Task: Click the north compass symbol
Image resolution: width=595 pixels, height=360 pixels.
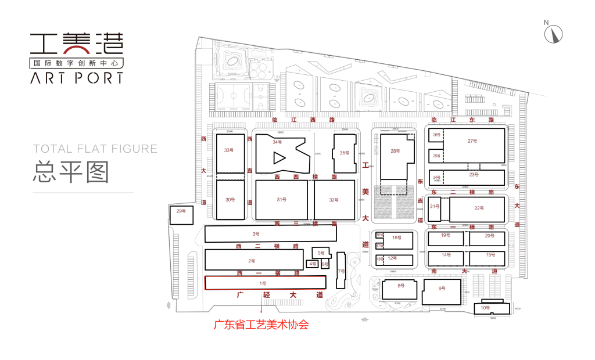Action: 553,33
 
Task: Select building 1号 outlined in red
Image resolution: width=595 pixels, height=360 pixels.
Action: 265,283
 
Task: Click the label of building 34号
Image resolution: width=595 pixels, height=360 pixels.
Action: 277,142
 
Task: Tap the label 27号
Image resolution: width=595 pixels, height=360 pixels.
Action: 472,141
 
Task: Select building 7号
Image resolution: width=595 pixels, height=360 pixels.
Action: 341,271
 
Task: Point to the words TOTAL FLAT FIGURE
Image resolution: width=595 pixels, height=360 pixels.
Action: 95,149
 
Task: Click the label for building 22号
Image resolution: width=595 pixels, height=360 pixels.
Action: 479,208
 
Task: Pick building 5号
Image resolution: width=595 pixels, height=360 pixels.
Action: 321,253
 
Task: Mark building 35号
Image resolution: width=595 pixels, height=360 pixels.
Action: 343,153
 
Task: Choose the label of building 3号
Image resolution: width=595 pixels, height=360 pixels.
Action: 255,234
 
